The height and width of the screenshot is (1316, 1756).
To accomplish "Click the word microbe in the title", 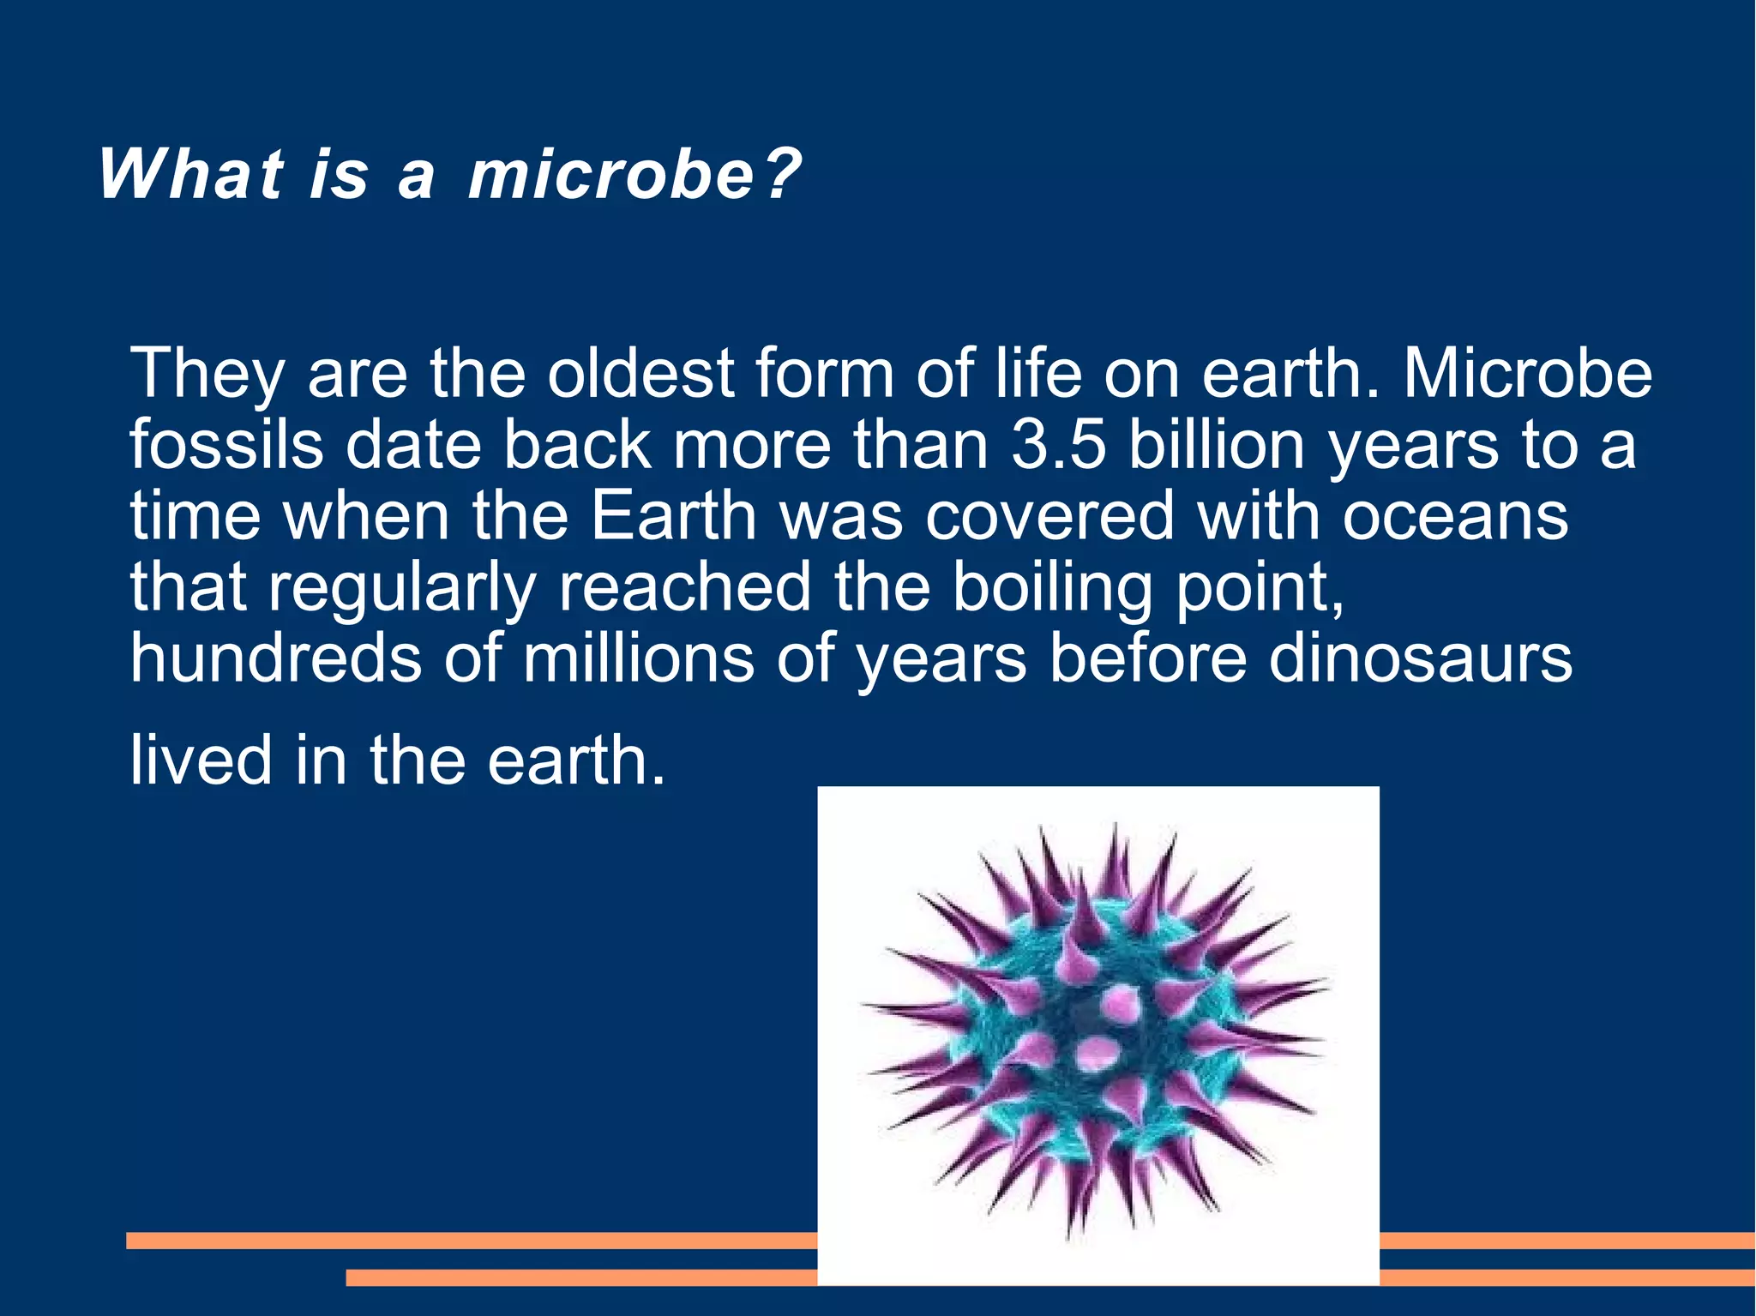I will [611, 175].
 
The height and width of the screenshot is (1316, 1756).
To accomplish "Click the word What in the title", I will [190, 175].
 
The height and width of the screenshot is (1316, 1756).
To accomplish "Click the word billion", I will [1216, 446].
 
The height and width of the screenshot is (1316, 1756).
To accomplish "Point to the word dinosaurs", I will [1420, 658].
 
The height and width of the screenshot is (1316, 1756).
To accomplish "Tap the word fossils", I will [226, 446].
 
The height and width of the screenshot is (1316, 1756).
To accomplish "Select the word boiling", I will [1053, 588].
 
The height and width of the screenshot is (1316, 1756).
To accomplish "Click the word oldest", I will [640, 374].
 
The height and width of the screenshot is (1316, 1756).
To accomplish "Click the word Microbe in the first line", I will [1527, 374].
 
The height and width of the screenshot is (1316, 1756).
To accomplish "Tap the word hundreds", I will [275, 658].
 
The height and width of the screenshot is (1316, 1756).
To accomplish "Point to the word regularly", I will [402, 588].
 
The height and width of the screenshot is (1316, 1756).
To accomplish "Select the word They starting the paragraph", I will [207, 374].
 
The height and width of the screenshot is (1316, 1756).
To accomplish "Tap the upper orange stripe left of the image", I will [472, 1240].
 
